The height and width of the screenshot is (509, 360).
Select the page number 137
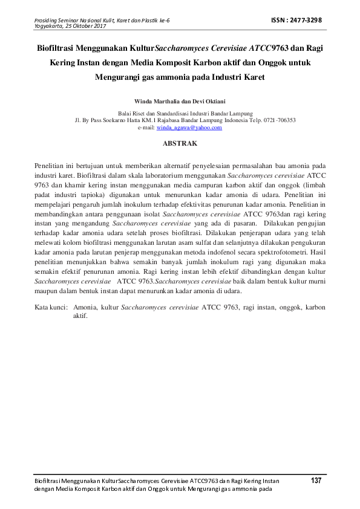[x=315, y=480]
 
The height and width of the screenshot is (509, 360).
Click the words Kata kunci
[x=50, y=308]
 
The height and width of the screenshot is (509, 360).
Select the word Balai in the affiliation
[x=125, y=114]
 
